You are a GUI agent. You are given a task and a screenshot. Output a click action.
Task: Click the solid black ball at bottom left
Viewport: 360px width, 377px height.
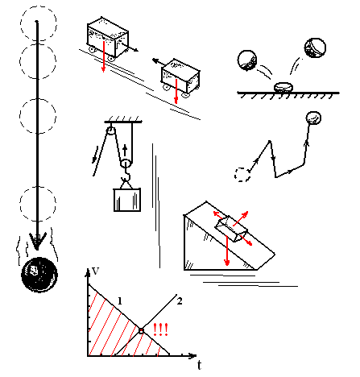[x=39, y=275]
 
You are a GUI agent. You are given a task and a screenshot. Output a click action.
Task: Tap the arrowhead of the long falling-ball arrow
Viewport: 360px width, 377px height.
[x=38, y=241]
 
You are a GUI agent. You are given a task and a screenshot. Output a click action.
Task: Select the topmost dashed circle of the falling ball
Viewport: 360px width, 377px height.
[x=39, y=23]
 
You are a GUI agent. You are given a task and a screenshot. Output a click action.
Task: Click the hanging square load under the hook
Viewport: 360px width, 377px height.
[x=127, y=200]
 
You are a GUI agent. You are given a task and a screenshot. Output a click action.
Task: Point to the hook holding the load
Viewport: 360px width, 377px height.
[x=126, y=175]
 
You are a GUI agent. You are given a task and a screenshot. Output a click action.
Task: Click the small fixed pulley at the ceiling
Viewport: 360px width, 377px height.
[x=111, y=131]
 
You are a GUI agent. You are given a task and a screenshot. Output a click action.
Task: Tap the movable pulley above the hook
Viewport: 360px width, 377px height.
[x=126, y=163]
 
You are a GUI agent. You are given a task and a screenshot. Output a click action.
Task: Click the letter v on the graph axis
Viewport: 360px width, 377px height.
[x=95, y=271]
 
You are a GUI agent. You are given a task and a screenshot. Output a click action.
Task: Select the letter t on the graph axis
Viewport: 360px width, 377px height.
[x=199, y=365]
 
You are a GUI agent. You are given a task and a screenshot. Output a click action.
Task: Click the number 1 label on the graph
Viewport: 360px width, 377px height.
[x=120, y=301]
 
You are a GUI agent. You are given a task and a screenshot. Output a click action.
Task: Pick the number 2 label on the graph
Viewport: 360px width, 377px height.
[x=180, y=301]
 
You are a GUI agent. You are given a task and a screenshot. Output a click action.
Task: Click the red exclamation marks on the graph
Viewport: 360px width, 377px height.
[x=160, y=329]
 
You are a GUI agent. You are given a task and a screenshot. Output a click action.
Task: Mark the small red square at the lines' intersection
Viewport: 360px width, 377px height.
[x=141, y=331]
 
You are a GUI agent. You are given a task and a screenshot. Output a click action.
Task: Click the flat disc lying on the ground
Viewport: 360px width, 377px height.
[x=283, y=87]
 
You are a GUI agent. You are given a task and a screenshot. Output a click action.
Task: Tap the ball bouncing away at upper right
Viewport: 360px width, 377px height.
[x=315, y=48]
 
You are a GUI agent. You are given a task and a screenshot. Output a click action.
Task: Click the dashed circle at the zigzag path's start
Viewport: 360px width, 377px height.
[x=242, y=175]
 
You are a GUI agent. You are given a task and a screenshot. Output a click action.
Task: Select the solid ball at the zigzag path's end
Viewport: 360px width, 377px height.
[x=313, y=118]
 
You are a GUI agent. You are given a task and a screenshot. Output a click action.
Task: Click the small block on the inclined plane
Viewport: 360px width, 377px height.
[x=231, y=229]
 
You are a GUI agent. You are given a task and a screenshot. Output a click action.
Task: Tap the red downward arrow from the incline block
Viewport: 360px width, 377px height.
[x=227, y=251]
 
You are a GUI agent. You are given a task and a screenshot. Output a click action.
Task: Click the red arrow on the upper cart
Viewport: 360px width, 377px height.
[x=104, y=56]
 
